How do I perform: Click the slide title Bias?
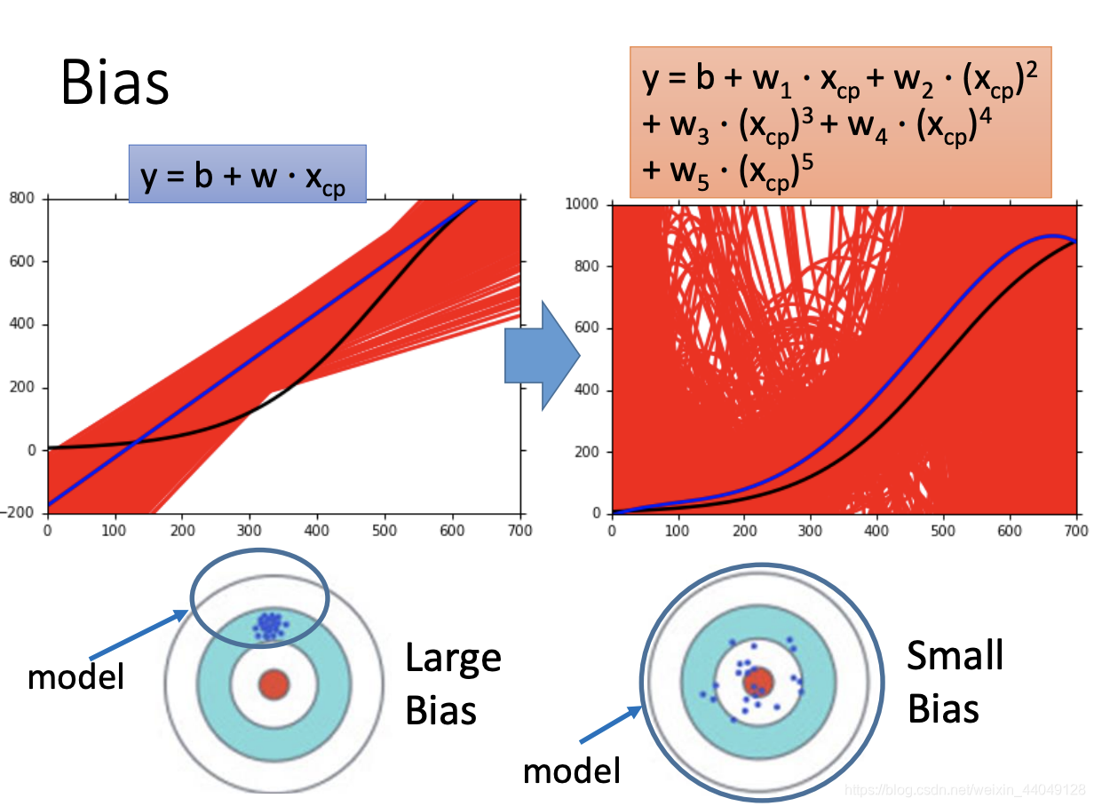coord(115,84)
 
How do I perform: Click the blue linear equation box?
coord(247,175)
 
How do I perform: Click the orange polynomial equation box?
coord(840,122)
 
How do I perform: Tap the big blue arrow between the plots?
coord(541,356)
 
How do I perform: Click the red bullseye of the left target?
coord(274,684)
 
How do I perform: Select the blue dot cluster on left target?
coord(268,625)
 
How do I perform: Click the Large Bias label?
coord(453,684)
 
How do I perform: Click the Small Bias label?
coord(955,682)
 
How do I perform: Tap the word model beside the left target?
coord(75,676)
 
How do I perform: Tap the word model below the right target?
coord(571,770)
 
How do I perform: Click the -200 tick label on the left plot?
coord(19,514)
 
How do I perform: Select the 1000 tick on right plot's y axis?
coord(581,204)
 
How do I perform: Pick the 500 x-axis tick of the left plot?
coord(384,531)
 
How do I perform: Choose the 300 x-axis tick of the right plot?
coord(811,531)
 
